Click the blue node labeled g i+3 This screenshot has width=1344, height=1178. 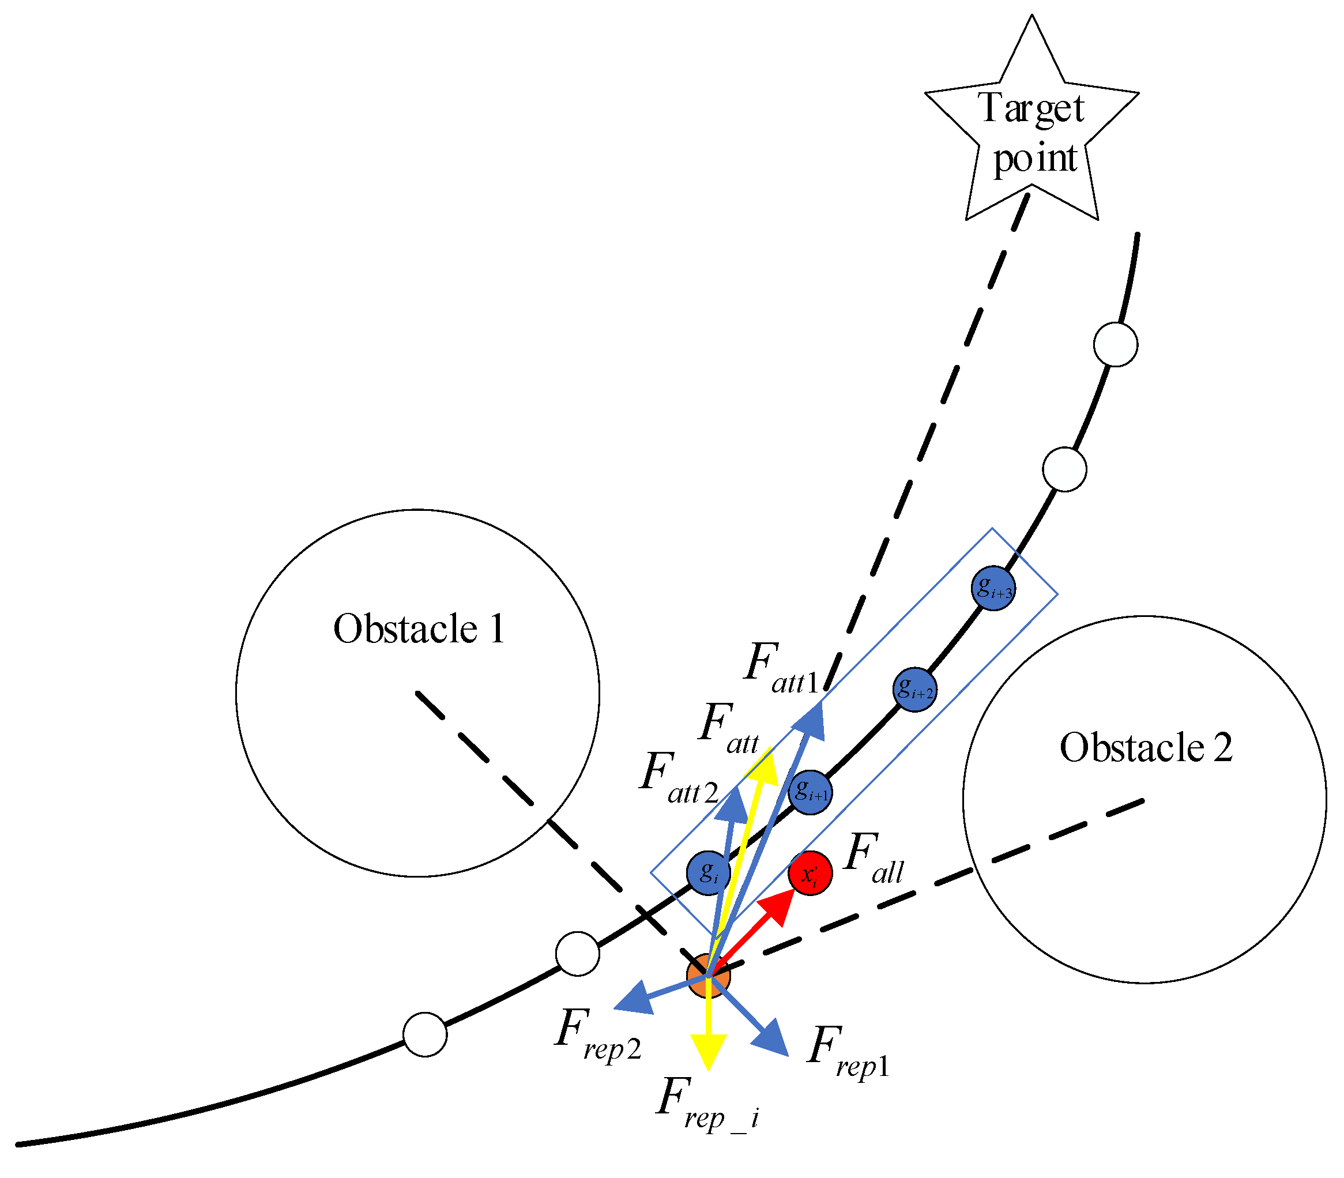tap(992, 588)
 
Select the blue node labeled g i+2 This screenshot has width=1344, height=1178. tap(914, 690)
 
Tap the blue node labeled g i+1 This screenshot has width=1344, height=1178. tap(810, 792)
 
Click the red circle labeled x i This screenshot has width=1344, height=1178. tap(810, 873)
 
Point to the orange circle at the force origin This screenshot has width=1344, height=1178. tap(708, 976)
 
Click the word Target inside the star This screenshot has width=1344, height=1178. tap(1030, 108)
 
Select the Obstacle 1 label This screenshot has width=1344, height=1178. tap(419, 628)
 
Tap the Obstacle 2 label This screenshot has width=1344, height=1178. tap(1146, 747)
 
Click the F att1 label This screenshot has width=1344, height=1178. tap(781, 668)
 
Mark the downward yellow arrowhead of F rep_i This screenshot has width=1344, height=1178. tap(708, 1051)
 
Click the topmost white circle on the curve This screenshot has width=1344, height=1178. tap(1115, 344)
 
